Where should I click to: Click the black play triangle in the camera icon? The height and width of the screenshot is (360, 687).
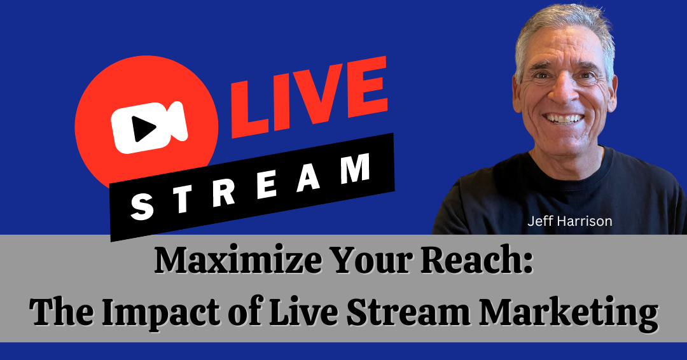click(x=144, y=130)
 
